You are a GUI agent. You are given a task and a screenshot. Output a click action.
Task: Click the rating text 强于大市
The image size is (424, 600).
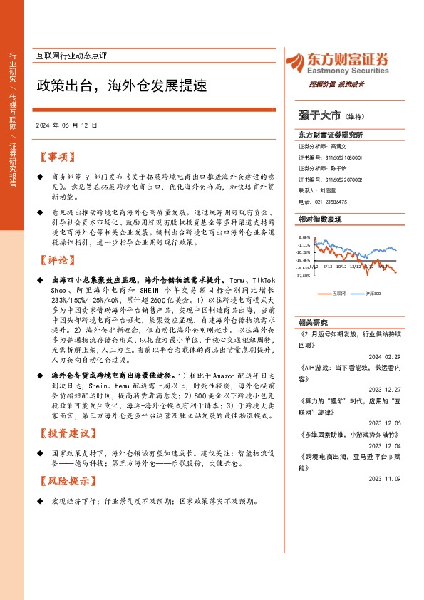[x=319, y=114]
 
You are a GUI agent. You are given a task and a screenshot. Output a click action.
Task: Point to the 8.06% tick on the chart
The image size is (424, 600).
[x=304, y=238]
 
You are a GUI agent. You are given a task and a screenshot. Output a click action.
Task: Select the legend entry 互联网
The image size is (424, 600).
[x=338, y=293]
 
